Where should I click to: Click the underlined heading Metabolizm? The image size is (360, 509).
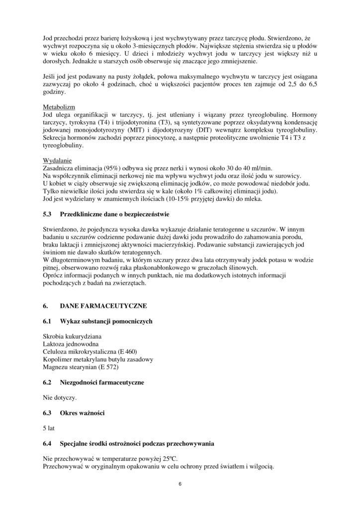point(59,107)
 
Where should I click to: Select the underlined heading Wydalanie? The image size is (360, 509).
point(57,161)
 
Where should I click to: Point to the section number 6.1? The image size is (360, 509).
point(48,321)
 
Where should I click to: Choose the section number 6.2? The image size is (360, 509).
point(48,382)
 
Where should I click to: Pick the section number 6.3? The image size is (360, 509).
point(48,413)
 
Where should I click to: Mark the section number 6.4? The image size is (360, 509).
point(48,443)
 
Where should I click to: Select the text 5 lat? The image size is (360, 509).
point(50,428)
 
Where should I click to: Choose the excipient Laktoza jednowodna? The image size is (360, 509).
point(71,344)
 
